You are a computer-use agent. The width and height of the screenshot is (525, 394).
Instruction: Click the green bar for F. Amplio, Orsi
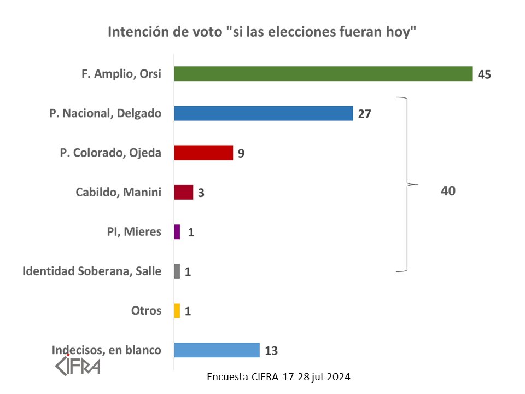coord(323,74)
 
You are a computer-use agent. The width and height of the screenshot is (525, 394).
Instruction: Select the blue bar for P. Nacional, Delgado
coord(263,113)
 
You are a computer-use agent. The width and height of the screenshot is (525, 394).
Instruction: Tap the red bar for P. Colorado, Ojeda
coord(203,153)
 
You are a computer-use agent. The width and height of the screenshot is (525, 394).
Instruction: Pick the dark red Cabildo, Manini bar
coord(184,192)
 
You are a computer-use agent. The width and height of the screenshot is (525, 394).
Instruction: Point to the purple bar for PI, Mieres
coord(177,232)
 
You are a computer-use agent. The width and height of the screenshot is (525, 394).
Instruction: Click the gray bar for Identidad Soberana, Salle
coord(177,271)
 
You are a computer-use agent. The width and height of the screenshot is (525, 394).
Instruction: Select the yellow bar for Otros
coord(177,311)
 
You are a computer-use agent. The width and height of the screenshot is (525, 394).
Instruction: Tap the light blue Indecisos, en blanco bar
coord(217,350)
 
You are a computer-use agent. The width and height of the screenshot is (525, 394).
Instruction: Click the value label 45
coord(484,74)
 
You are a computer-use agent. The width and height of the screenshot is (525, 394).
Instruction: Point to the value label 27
coord(365,114)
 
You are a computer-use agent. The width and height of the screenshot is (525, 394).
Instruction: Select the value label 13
coord(271,351)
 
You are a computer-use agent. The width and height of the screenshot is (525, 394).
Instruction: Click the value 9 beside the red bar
coord(241,153)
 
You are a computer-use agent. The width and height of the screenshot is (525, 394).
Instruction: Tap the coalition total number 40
coord(448,191)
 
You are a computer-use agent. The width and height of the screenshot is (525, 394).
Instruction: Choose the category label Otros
coord(146,311)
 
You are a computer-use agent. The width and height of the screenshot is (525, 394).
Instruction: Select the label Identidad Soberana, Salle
coord(92,271)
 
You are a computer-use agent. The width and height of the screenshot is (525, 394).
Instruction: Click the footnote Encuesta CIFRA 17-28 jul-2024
coord(279,377)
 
